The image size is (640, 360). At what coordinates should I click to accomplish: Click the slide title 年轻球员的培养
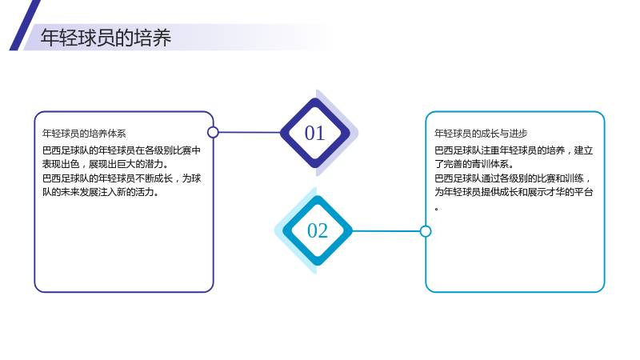106,38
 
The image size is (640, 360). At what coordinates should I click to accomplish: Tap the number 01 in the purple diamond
314,133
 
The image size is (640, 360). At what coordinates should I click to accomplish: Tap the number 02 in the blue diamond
318,230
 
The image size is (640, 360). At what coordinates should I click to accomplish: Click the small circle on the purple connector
213,132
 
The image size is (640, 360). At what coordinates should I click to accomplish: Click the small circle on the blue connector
426,231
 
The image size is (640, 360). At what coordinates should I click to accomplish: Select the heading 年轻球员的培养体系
84,134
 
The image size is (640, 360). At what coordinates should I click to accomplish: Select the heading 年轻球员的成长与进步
481,134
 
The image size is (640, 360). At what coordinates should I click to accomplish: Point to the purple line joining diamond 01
250,132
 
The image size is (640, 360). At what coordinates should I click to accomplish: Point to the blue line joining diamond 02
386,231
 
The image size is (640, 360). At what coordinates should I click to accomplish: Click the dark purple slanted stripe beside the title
25,26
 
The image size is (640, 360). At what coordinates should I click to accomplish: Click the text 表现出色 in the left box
61,164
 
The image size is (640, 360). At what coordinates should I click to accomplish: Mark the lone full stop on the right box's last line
437,209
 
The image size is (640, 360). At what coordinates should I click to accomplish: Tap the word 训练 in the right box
574,178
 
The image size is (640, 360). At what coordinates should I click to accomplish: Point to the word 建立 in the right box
583,150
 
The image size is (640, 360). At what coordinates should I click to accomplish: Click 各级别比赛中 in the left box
173,150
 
